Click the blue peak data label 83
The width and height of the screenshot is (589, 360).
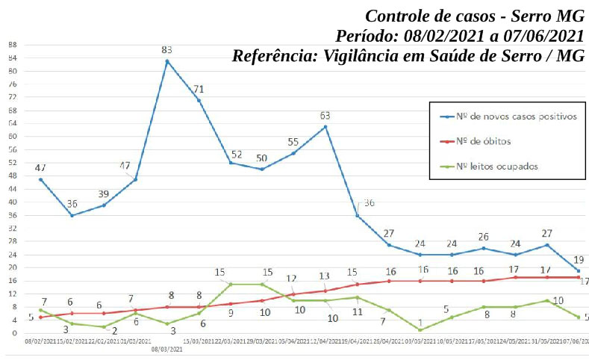(167, 49)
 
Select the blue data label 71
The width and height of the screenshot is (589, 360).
(199, 89)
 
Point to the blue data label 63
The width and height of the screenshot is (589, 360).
(325, 116)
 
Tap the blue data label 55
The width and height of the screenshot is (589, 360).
(293, 142)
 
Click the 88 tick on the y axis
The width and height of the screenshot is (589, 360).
(12, 45)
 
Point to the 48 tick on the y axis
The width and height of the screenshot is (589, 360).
(12, 176)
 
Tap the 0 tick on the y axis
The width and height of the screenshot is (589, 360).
(14, 333)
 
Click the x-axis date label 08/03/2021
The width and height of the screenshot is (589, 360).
(167, 349)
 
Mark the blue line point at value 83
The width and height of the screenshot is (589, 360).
(167, 60)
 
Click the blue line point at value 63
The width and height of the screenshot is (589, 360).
(325, 126)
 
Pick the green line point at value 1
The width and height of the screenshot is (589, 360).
(421, 329)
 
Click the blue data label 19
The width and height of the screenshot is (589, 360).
(578, 259)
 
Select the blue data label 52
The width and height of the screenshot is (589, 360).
(236, 154)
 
